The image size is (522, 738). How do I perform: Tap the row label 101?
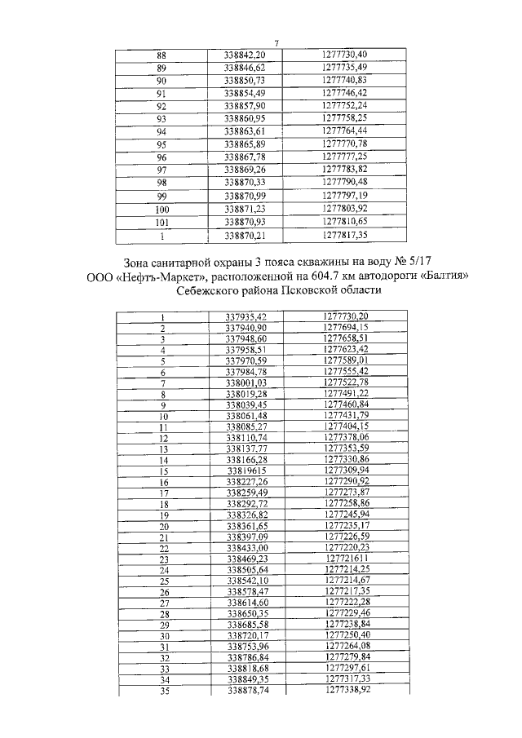tap(161, 221)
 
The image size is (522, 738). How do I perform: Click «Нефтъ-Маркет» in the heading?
tap(158, 277)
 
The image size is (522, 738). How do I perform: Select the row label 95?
tap(161, 144)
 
